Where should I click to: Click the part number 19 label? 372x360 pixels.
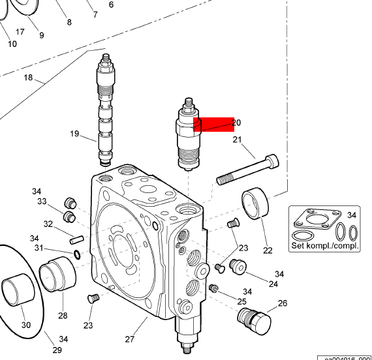74,134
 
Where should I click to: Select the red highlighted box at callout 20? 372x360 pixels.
213,124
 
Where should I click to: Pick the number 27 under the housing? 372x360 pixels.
129,338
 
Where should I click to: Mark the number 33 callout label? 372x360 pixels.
42,201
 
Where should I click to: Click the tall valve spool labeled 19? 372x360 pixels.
105,111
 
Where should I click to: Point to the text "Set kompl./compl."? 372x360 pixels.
324,246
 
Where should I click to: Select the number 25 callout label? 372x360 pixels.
241,301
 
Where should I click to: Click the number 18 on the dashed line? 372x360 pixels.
28,78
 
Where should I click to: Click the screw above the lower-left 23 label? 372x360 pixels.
92,298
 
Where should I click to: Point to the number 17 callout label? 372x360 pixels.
20,31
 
